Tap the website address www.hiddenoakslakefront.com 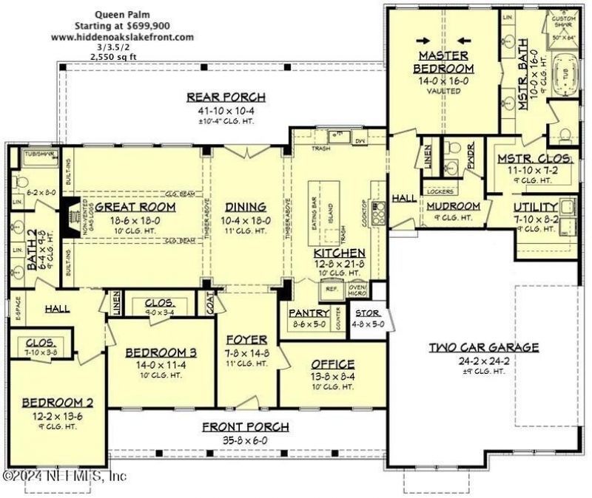[x=123, y=36]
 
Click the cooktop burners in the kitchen [x=380, y=213]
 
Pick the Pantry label [x=308, y=313]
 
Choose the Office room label [x=332, y=364]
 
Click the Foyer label [x=246, y=340]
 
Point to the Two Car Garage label [x=483, y=347]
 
